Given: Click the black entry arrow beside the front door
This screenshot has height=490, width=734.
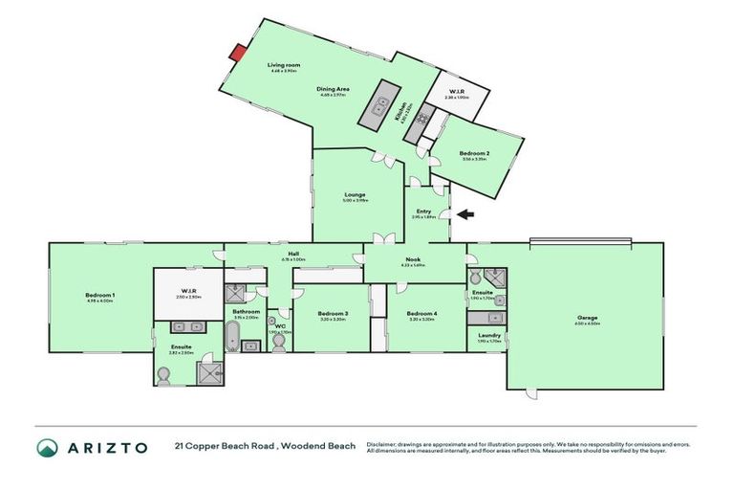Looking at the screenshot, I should pyautogui.click(x=465, y=214).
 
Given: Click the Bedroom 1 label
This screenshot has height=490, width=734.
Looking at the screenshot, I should pyautogui.click(x=100, y=295).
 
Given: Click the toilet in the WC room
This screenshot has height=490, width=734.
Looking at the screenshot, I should pyautogui.click(x=278, y=342).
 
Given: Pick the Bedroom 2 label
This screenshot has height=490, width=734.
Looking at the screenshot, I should pyautogui.click(x=474, y=153).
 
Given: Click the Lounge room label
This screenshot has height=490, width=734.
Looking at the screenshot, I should pyautogui.click(x=356, y=194).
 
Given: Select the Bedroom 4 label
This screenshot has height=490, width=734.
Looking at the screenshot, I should pyautogui.click(x=421, y=314).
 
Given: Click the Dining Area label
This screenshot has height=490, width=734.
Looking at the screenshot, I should pyautogui.click(x=334, y=90).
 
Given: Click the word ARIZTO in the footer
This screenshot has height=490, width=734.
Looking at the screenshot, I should pyautogui.click(x=108, y=448).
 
